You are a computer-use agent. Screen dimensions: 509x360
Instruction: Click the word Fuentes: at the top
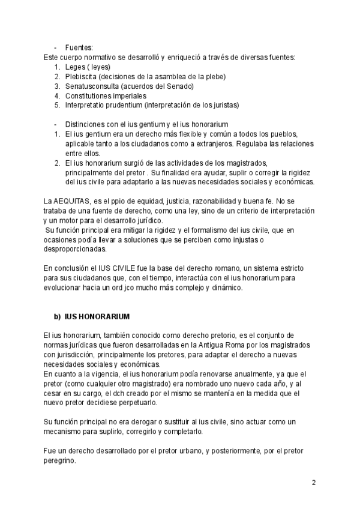coord(79,48)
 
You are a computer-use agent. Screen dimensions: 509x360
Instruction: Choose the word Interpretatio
coord(86,105)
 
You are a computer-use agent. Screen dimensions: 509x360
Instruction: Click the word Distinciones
coord(86,124)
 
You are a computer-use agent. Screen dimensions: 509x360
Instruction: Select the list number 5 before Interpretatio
coord(56,105)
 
